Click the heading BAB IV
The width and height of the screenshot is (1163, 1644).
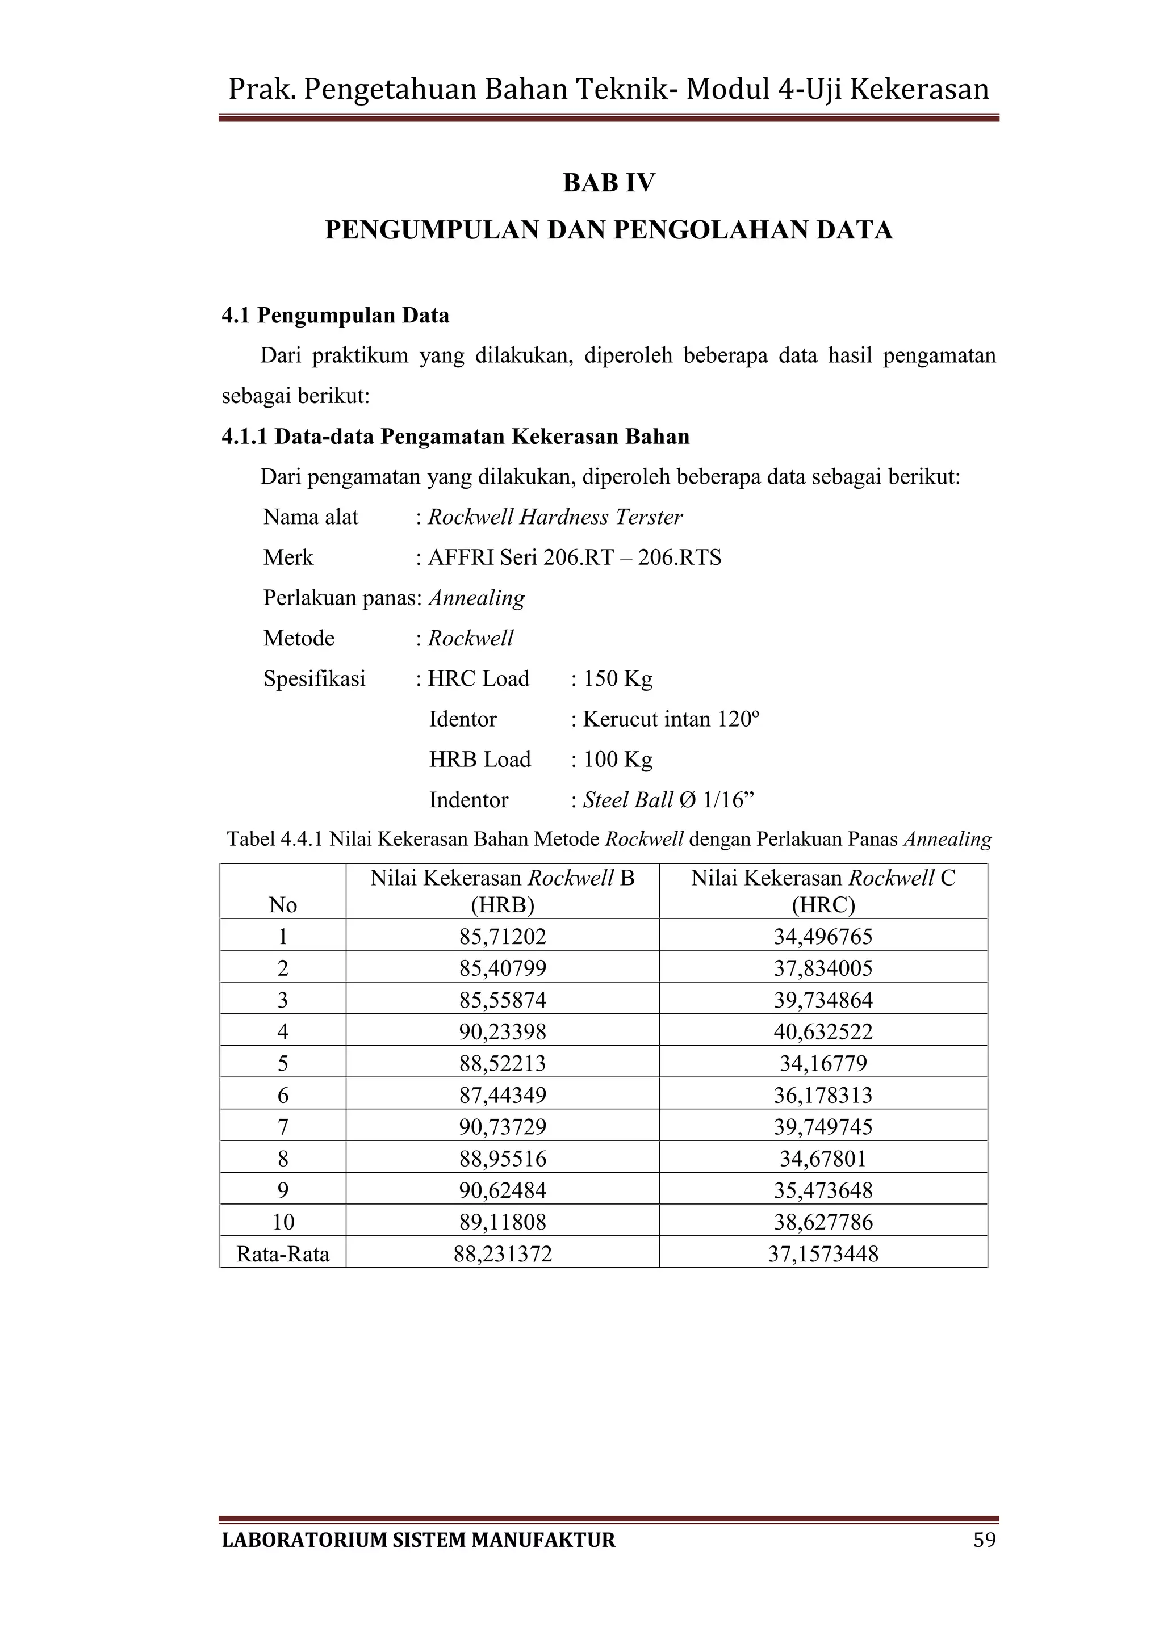609,183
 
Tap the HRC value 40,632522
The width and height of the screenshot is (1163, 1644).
823,1032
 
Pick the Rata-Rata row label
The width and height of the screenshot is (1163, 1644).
283,1255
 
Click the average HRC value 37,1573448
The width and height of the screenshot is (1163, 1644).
823,1255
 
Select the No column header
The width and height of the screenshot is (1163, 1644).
283,905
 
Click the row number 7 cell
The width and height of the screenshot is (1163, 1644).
283,1127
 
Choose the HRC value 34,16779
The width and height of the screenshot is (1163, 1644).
823,1063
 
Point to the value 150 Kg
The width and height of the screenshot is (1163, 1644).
617,679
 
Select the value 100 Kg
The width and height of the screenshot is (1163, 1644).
617,760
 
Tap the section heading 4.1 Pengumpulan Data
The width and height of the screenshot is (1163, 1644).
335,316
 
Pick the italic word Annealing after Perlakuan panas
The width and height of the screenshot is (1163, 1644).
476,598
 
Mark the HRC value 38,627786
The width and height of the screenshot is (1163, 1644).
823,1222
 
